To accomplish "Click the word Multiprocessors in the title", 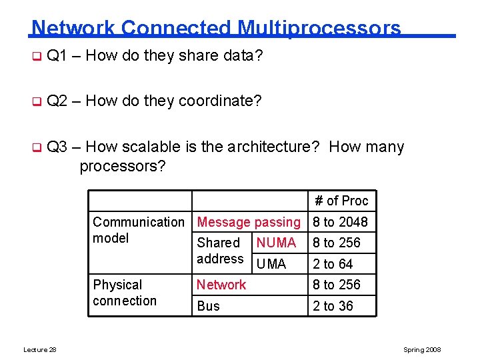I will click(x=319, y=28).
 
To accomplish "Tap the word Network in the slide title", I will click(x=73, y=28).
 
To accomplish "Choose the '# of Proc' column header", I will click(x=341, y=201).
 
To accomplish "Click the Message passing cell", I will click(x=249, y=222).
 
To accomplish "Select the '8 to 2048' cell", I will click(x=340, y=222).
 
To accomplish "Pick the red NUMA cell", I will click(x=276, y=243).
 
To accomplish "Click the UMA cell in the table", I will click(x=271, y=264).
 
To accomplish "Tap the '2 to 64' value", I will click(x=333, y=264).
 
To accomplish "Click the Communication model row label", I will click(x=139, y=230).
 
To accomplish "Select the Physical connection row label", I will click(x=125, y=293).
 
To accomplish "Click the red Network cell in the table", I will click(x=221, y=285).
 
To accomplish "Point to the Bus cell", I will click(x=208, y=306).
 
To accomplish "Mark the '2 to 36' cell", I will click(x=333, y=306).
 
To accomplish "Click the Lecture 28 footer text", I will click(x=39, y=350).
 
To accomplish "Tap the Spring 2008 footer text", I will click(x=422, y=350).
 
